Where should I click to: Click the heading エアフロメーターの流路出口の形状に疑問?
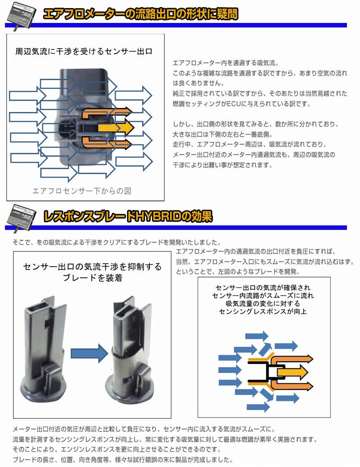140,13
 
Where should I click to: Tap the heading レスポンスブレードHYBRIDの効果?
128,216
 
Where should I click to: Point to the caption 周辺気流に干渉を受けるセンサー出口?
84,52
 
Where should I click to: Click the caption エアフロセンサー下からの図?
81,191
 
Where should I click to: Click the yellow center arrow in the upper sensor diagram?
116,128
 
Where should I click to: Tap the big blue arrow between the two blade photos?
90,354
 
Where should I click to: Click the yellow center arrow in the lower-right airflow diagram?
292,372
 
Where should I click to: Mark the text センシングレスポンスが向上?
263,311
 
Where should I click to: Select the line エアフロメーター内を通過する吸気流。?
226,63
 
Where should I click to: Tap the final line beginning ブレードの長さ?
122,459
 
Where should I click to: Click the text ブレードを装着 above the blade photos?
93,278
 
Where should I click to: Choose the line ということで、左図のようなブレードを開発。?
238,272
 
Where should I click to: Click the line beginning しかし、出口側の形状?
256,124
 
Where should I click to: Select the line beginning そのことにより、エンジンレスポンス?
117,449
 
